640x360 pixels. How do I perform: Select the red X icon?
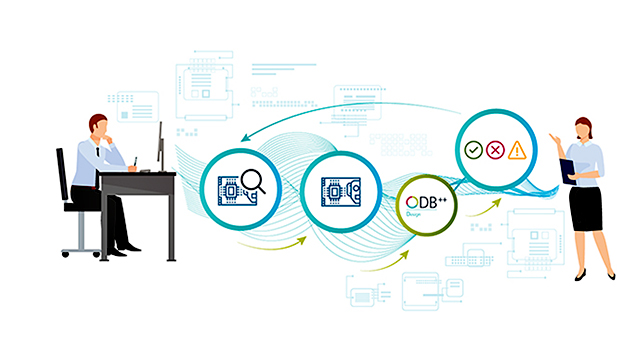(494, 150)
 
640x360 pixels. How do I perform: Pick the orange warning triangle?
(516, 150)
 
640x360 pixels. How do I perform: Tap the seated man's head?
(97, 128)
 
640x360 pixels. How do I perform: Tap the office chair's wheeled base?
(80, 248)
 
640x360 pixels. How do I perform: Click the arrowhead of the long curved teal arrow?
(246, 139)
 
